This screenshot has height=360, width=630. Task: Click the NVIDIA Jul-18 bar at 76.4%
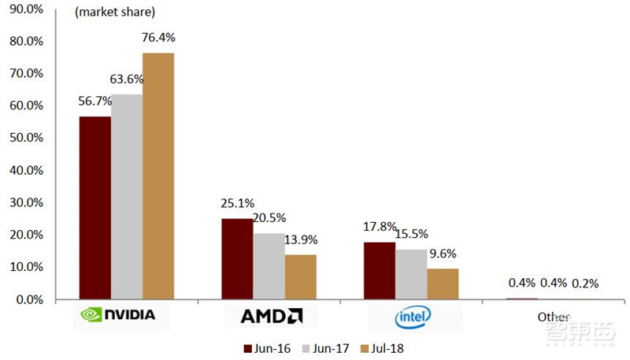[158, 176]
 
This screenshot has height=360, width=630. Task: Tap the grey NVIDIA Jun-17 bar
[126, 197]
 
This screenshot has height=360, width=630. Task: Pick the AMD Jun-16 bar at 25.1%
[237, 259]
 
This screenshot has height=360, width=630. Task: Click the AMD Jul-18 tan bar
[300, 276]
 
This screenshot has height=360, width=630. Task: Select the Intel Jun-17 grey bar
[411, 274]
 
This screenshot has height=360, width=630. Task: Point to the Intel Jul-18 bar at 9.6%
[443, 284]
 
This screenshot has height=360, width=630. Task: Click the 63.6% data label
[125, 79]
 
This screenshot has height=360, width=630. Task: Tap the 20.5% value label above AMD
[269, 218]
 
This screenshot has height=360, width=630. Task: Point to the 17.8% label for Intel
[378, 227]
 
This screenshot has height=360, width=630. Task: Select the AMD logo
[270, 317]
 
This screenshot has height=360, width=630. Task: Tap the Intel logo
[412, 317]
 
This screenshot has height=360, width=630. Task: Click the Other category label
[554, 317]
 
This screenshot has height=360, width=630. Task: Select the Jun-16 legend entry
[265, 347]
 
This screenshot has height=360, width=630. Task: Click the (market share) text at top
[114, 13]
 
